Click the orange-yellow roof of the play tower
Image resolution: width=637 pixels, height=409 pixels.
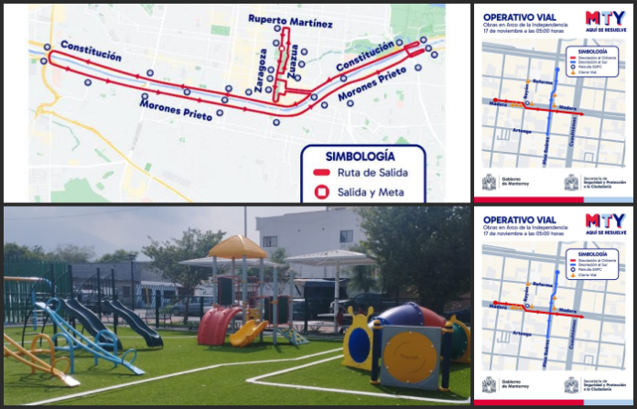(x=238, y=247)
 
